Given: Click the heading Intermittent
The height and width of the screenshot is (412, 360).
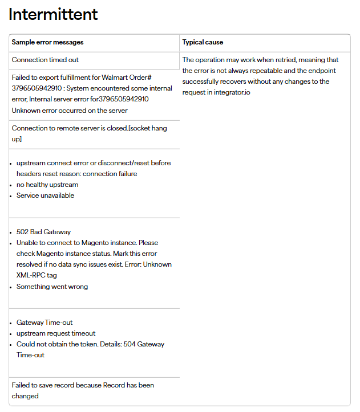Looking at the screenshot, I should point(54,14).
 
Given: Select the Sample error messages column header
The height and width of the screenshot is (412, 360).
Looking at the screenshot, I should point(47,42).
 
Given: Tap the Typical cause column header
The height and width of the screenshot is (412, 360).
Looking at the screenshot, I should point(203,42).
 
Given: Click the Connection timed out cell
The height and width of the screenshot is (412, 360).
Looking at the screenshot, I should point(45,60).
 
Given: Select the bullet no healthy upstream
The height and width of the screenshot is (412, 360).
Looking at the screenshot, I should point(47,185).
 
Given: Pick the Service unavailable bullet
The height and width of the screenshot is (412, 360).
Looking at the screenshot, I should point(45,195).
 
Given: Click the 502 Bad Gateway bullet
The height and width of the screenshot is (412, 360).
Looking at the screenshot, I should point(43,232).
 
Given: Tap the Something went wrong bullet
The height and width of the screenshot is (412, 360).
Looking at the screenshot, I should point(52,287).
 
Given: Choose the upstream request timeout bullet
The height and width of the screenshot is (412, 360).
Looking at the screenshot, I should point(56,333).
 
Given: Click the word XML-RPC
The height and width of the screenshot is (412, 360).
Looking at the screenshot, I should point(29,275).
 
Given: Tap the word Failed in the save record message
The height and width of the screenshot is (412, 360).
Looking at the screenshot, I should point(22,385).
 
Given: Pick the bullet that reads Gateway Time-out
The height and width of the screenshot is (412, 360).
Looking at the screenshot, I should point(45,323).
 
